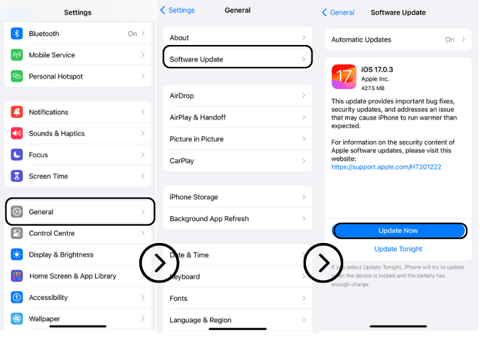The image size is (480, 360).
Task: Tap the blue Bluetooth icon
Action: click(x=17, y=34)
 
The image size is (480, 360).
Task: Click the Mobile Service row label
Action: click(x=52, y=55)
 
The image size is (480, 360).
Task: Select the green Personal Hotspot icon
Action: click(x=17, y=77)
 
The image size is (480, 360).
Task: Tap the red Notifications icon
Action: click(x=17, y=112)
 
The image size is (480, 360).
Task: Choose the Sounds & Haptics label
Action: click(x=56, y=134)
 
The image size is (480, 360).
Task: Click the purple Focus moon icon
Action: click(x=17, y=155)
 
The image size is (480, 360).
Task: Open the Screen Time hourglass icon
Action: click(x=17, y=176)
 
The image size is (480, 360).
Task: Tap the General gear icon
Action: click(x=17, y=212)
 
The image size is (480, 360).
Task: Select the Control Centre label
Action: click(x=52, y=233)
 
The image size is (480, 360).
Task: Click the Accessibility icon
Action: click(x=17, y=298)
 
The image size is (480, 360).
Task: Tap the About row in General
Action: click(x=179, y=38)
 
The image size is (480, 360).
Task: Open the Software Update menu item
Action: click(x=196, y=59)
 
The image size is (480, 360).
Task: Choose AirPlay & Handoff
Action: click(x=197, y=118)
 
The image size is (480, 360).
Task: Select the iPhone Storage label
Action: click(x=194, y=197)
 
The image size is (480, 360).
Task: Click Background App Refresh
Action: click(x=209, y=219)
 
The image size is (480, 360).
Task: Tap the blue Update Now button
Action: click(x=398, y=231)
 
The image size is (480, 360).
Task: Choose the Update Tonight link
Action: click(x=398, y=249)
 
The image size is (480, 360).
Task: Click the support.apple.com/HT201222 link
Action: click(x=386, y=167)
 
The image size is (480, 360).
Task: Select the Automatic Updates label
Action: click(x=361, y=40)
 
